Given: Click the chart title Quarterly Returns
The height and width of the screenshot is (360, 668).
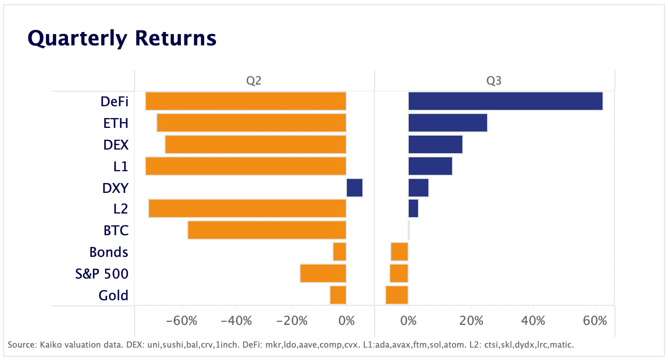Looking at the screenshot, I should click(x=122, y=38).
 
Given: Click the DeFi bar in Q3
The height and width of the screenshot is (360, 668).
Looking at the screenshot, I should click(x=505, y=101).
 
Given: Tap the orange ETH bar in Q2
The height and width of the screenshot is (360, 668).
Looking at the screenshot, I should click(x=251, y=123).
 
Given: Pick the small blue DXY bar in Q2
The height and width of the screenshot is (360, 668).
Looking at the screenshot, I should click(x=354, y=187).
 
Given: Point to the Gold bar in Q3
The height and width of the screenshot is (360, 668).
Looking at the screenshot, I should click(x=397, y=295).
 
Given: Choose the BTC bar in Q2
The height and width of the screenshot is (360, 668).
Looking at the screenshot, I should click(x=266, y=230).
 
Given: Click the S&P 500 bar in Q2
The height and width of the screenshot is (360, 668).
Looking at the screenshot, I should click(x=323, y=273).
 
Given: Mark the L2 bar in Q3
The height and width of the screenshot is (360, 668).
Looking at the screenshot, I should click(x=413, y=209).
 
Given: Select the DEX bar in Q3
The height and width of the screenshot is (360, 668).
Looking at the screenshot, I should click(x=435, y=144).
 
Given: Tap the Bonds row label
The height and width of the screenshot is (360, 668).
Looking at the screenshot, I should click(x=108, y=252).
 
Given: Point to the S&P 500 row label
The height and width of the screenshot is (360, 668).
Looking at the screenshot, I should click(x=102, y=274).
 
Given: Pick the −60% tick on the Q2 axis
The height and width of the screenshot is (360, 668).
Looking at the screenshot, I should click(x=182, y=321).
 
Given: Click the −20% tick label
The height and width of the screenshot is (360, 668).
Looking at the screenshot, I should click(x=292, y=321).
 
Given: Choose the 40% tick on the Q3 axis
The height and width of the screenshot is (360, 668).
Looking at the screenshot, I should click(x=533, y=321).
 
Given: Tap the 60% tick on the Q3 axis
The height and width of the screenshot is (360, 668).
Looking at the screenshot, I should click(x=595, y=321).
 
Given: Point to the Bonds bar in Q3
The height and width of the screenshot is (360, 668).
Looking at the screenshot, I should click(x=399, y=252).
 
